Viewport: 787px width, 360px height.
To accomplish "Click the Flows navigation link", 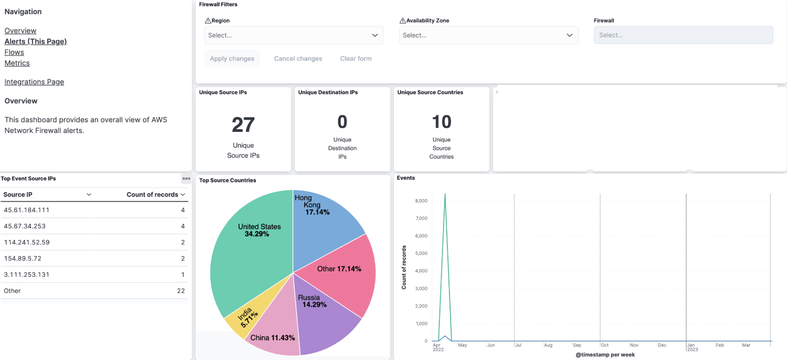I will pyautogui.click(x=14, y=52).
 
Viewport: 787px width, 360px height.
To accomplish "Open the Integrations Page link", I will pyautogui.click(x=34, y=82).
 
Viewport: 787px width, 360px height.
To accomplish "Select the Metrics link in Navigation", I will pyautogui.click(x=17, y=63).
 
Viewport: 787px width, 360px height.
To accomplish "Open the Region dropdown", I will pyautogui.click(x=294, y=35).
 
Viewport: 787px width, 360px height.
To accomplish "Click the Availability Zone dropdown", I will pyautogui.click(x=488, y=35).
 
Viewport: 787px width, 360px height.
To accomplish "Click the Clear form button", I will pyautogui.click(x=356, y=59).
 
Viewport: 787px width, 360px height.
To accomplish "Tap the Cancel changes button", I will pyautogui.click(x=298, y=59).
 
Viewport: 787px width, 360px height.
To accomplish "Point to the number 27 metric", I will pyautogui.click(x=243, y=125).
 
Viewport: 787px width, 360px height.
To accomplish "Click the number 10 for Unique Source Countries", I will pyautogui.click(x=441, y=122).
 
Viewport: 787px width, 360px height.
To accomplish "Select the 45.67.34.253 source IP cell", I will pyautogui.click(x=25, y=226).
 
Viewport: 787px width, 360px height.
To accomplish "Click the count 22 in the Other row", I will pyautogui.click(x=181, y=291).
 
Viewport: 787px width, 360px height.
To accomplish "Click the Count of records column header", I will pyautogui.click(x=152, y=195).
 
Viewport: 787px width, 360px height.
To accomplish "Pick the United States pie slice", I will pyautogui.click(x=252, y=252).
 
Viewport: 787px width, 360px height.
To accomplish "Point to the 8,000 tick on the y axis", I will pyautogui.click(x=421, y=201).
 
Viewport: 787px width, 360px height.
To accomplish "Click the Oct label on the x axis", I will pyautogui.click(x=605, y=345).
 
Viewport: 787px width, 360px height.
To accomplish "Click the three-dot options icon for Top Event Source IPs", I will pyautogui.click(x=186, y=178).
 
